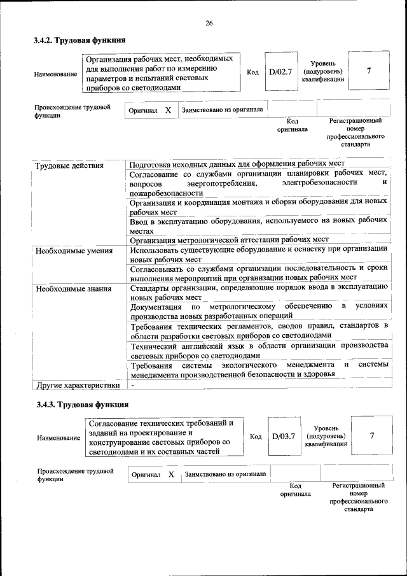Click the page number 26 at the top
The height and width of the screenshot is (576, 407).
coord(209,24)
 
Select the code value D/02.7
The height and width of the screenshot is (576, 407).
coord(280,72)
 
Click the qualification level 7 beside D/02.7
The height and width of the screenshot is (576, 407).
coord(369,71)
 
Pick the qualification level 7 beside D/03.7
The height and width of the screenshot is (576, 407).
coord(372,435)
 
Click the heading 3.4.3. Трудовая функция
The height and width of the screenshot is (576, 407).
coord(83,404)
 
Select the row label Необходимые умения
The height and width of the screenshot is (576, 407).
coord(74,250)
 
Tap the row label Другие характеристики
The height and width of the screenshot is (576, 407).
coord(78,385)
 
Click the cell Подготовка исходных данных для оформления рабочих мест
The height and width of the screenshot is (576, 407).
coord(236,164)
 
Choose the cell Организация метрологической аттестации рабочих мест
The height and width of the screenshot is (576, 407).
coord(229,240)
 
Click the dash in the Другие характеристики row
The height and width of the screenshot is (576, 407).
coord(132,385)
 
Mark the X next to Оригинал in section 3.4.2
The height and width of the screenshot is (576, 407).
coord(168,110)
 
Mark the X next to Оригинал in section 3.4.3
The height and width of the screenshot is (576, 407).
coord(171,475)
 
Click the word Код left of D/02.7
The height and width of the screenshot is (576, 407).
coord(252,72)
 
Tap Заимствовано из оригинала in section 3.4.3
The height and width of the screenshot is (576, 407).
coord(226,474)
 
